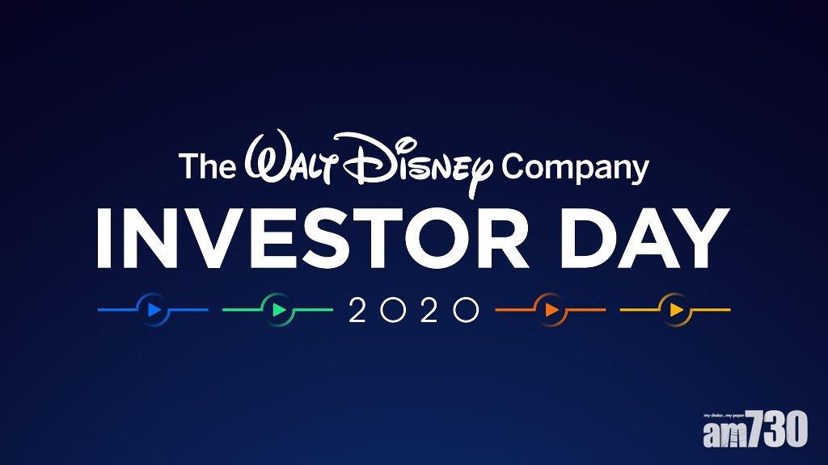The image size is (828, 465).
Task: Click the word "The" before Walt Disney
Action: pyautogui.click(x=207, y=165)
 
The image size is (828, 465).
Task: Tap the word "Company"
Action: pyautogui.click(x=575, y=170)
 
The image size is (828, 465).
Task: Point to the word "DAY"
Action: pyautogui.click(x=644, y=238)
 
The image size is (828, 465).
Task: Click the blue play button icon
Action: pyautogui.click(x=154, y=310)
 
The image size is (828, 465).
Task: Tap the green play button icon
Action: pyautogui.click(x=278, y=310)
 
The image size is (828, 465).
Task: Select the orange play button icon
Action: pyautogui.click(x=551, y=310)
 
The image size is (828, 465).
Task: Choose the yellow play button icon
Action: pyautogui.click(x=675, y=310)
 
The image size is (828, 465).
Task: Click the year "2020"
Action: pyautogui.click(x=414, y=310)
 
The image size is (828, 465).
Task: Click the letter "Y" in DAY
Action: pyautogui.click(x=701, y=238)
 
